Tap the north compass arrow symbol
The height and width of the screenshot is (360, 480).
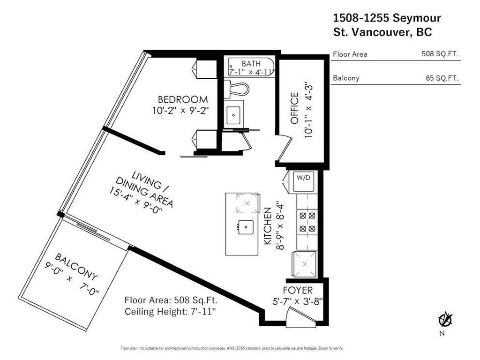pos(444,320)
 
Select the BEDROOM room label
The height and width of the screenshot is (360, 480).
pos(183,99)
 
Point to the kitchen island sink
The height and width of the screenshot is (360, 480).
pos(246,227)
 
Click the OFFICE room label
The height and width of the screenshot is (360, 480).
pos(294,108)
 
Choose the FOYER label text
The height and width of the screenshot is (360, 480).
pos(298,291)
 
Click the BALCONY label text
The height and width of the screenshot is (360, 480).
pos(76,267)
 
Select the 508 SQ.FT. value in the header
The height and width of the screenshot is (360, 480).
pos(440,54)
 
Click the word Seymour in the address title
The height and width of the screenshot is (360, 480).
pos(417,18)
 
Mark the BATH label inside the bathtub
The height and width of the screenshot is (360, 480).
pos(251,64)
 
